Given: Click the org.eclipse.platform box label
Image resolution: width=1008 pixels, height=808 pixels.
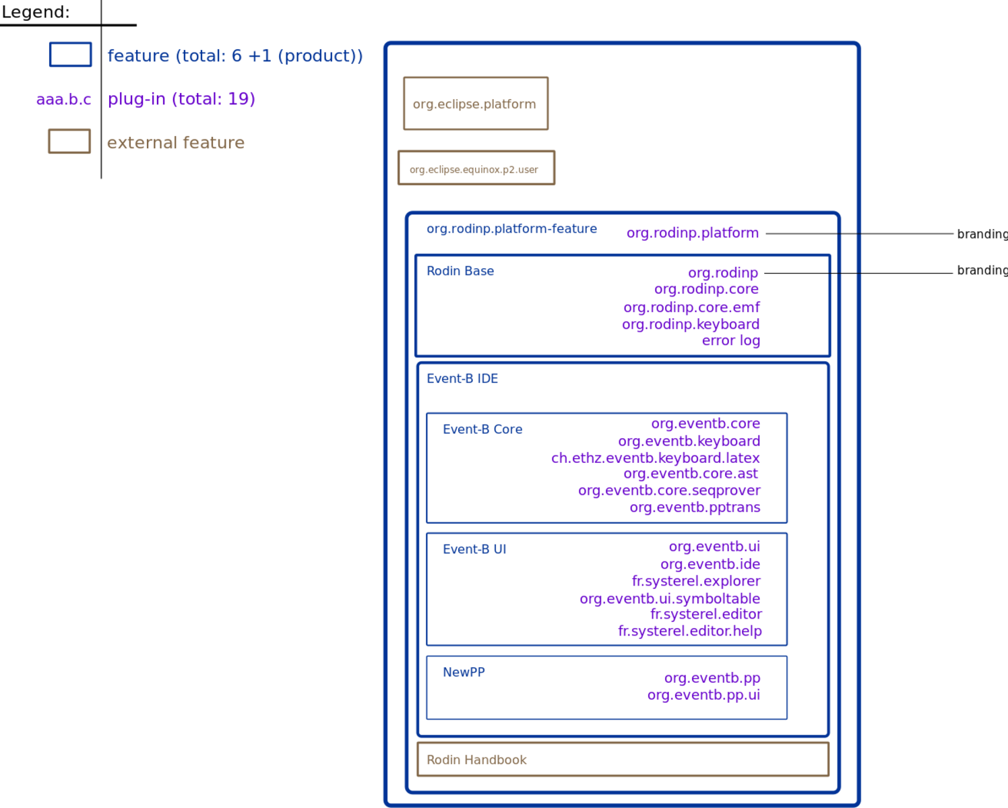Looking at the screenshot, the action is pos(474,104).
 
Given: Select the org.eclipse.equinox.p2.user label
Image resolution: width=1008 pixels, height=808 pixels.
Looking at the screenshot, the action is pos(474,170).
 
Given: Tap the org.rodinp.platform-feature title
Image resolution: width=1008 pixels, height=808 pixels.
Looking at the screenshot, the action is pos(511,228).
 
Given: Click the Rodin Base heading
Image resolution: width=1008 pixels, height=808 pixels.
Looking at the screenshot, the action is pos(460,271).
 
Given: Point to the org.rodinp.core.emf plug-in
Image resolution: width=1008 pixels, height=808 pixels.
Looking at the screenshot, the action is pos(691,307).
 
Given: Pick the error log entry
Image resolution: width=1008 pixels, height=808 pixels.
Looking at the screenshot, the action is pos(730,340).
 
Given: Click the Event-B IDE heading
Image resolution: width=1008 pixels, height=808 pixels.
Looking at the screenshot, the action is pos(462,379).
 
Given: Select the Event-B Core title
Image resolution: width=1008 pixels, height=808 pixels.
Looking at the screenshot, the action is pos(482,429).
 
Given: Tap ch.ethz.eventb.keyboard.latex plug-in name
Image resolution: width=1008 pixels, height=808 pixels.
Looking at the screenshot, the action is pos(656,458).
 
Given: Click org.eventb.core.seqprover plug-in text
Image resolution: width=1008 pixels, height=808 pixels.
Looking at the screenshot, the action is pos(669,491).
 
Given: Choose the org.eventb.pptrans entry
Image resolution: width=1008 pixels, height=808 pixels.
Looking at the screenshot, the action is pos(695,507).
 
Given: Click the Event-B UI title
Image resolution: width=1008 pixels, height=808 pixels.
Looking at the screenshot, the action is pos(474,549).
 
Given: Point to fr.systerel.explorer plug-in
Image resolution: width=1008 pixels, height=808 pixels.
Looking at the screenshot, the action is pos(696,581).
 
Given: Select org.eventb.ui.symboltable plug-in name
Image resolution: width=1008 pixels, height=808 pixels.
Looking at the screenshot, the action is pos(670,598).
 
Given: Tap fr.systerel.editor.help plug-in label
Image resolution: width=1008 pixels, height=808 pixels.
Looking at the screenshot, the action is pos(690,631).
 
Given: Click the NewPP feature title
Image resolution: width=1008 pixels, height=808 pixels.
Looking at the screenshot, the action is pos(464,672).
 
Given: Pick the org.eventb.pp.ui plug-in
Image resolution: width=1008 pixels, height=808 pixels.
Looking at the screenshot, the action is pos(703,695).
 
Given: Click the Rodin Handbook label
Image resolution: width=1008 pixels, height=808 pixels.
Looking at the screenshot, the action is pos(476,759).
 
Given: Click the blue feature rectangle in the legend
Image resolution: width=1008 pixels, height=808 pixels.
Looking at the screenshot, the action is pos(70,43).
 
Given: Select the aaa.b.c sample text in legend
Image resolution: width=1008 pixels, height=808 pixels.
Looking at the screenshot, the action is pos(64,99).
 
